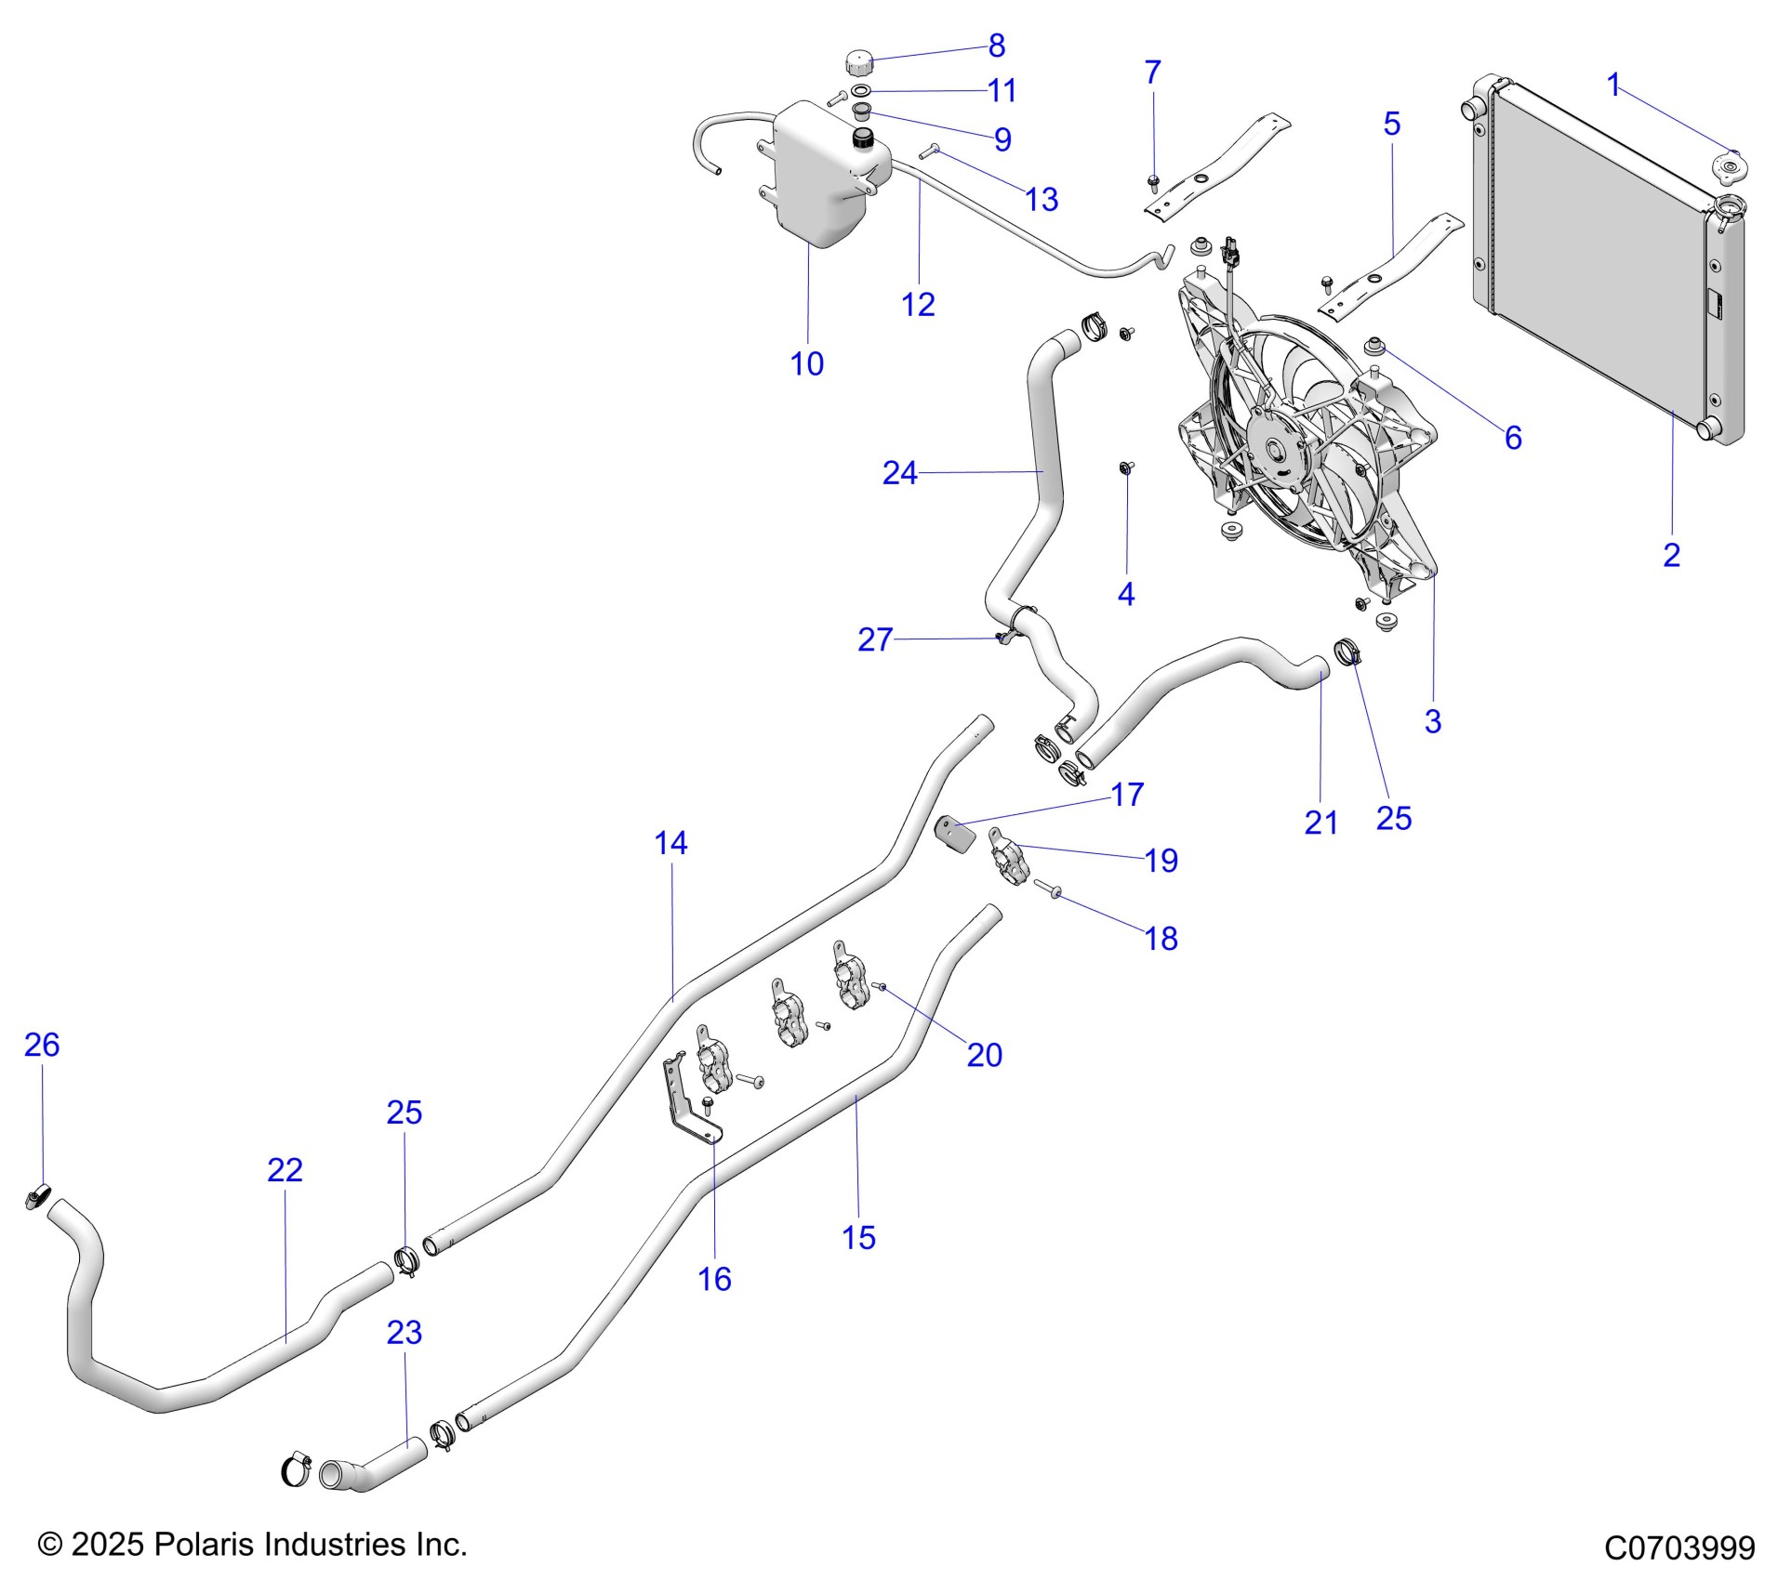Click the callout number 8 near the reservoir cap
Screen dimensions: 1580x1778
996,45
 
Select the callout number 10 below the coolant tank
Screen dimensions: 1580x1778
806,363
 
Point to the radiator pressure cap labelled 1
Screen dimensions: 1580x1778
1727,169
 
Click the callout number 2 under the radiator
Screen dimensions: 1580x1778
1671,555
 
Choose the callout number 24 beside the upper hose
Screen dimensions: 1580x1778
899,473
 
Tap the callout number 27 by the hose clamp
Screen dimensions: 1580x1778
874,639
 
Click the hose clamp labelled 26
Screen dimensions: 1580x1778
37,1197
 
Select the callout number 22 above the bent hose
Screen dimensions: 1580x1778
285,1169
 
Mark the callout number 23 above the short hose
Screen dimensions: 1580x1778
404,1332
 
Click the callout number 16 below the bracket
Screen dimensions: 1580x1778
714,1279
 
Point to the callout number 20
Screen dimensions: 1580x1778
984,1055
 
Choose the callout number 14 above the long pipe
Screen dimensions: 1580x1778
670,843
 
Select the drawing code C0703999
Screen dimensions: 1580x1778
1679,1547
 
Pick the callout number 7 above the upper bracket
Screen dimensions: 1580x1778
1152,72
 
